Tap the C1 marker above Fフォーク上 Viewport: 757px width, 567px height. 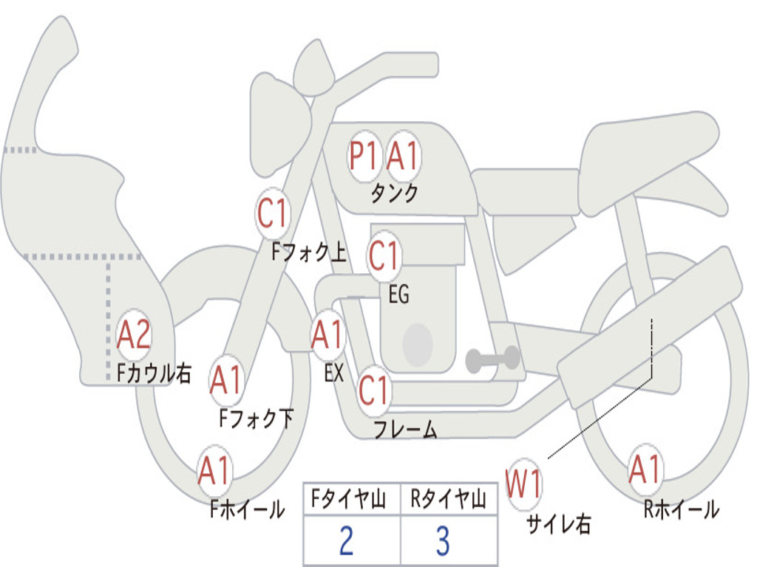[x=272, y=213]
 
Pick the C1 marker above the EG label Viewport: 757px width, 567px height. [x=384, y=255]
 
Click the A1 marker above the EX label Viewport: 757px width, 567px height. [x=328, y=334]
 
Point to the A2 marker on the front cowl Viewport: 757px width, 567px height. [x=135, y=334]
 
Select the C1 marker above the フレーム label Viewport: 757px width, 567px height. [x=374, y=390]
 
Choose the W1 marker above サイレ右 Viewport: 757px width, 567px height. [x=523, y=484]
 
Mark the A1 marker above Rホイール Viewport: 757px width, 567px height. [x=645, y=469]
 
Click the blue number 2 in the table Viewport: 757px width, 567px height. [x=347, y=540]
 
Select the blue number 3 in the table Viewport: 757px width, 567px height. [x=444, y=540]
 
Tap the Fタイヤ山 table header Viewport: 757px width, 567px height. [x=349, y=499]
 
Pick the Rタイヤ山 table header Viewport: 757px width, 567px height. [x=449, y=499]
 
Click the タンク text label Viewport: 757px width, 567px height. [x=395, y=193]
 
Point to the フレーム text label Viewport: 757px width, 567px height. [x=406, y=429]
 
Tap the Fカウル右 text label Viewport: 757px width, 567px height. [x=155, y=373]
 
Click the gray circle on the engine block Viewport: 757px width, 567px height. [x=418, y=344]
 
